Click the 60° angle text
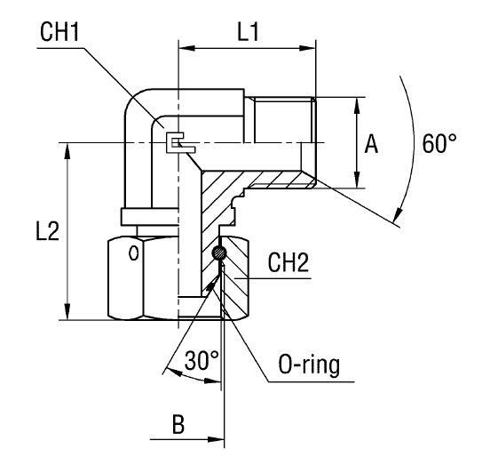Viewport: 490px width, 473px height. pyautogui.click(x=439, y=145)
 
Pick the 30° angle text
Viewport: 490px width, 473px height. pyautogui.click(x=202, y=360)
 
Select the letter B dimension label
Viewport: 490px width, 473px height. pyautogui.click(x=178, y=422)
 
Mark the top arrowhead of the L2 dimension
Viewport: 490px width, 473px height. pyautogui.click(x=67, y=148)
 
